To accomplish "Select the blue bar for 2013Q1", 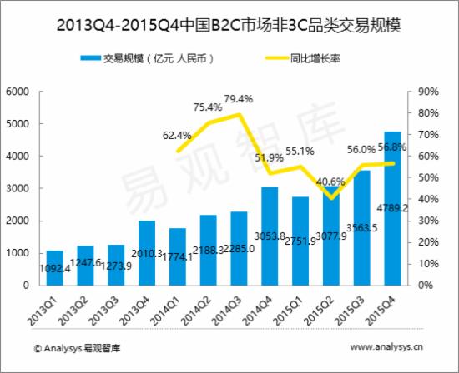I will [54, 268].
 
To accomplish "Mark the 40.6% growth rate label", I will [331, 182].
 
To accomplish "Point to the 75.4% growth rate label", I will [208, 107].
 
